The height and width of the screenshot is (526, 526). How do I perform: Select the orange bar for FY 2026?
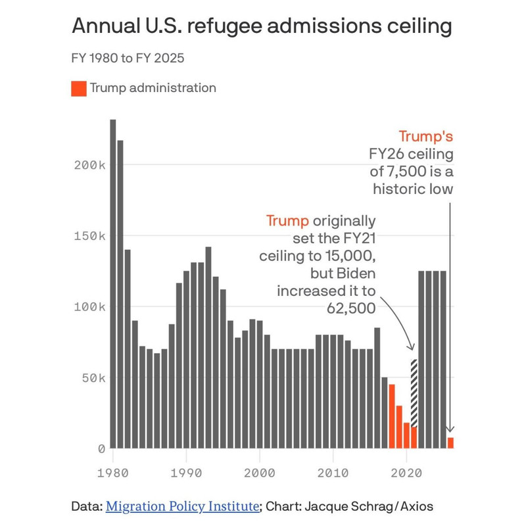click(x=451, y=442)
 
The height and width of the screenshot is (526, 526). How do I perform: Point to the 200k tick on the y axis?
click(x=89, y=164)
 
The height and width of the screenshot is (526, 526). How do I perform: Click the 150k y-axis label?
click(x=89, y=235)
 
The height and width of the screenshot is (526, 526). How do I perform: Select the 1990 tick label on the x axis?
click(x=187, y=472)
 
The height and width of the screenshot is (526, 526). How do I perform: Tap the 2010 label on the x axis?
click(x=333, y=472)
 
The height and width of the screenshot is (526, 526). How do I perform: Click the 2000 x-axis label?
click(x=260, y=472)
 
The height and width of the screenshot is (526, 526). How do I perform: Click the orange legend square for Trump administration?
click(x=79, y=88)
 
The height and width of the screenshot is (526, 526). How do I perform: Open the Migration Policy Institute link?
click(x=182, y=506)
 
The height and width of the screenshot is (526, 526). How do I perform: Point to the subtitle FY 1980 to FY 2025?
click(x=128, y=58)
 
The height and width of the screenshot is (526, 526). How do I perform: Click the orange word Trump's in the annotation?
click(x=426, y=137)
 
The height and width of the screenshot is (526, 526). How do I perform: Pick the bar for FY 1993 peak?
click(x=208, y=348)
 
